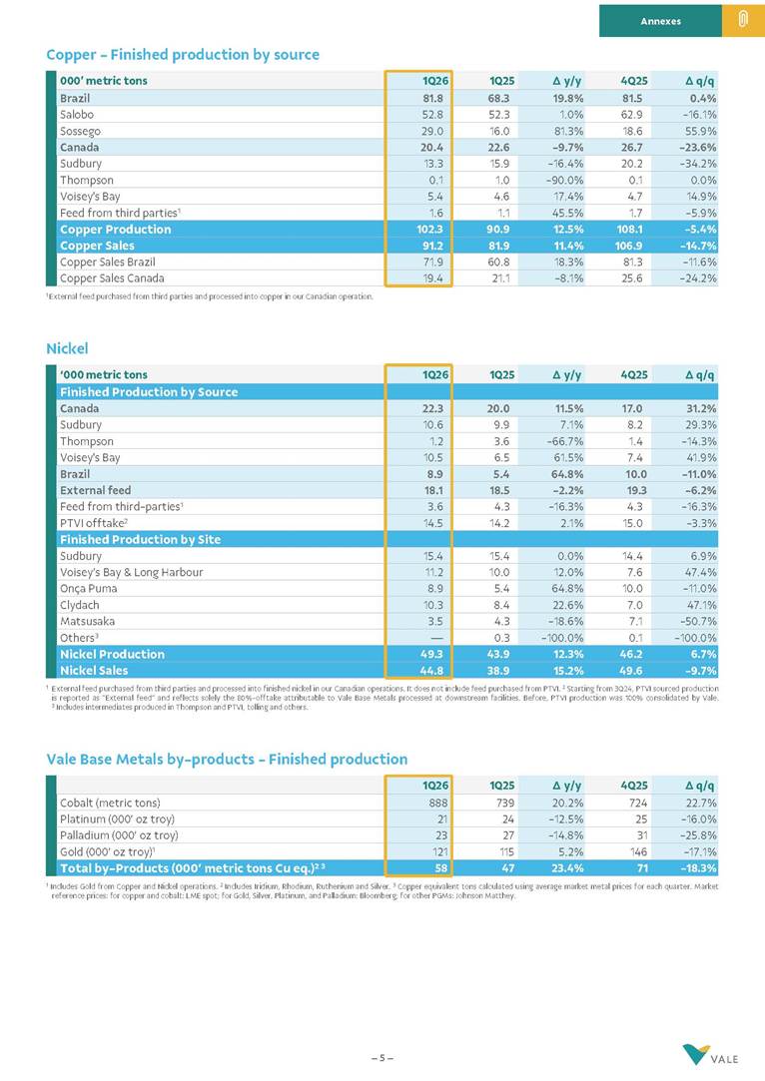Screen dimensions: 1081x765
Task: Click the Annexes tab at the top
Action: click(x=660, y=20)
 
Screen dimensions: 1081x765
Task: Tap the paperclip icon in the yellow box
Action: click(x=743, y=20)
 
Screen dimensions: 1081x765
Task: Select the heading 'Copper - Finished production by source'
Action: click(x=183, y=55)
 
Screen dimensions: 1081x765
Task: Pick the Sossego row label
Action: click(x=80, y=131)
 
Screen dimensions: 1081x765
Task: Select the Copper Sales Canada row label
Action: click(x=112, y=278)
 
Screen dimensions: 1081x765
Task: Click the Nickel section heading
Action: click(x=67, y=348)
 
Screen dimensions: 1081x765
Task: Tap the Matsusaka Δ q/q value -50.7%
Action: click(x=695, y=621)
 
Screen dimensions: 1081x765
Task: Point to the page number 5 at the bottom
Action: click(x=382, y=1057)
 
